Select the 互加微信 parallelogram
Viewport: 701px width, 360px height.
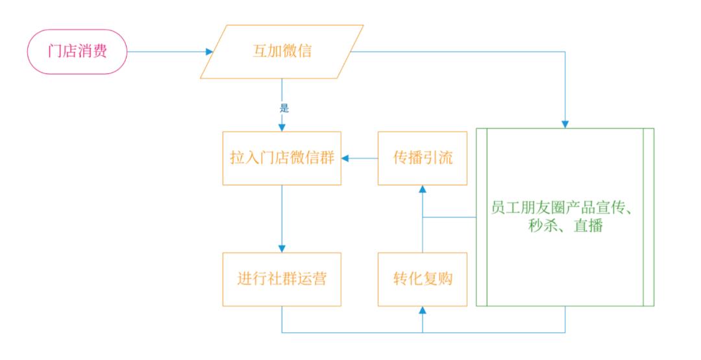point(282,52)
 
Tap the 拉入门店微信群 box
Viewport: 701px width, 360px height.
point(282,158)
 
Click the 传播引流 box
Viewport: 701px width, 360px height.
point(423,158)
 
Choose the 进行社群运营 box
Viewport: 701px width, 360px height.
point(282,279)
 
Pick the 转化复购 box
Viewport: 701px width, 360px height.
point(423,279)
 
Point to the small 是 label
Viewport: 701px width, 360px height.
point(283,108)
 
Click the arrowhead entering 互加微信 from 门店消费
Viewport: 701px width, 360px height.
point(209,52)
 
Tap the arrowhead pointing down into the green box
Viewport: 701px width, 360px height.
point(565,123)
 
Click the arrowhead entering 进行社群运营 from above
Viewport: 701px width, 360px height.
point(282,248)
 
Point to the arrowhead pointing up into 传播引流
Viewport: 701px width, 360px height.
point(423,189)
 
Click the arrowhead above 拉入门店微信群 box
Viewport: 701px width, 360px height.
point(282,126)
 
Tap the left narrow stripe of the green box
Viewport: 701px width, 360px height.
point(482,217)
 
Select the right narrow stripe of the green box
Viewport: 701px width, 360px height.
point(648,217)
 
